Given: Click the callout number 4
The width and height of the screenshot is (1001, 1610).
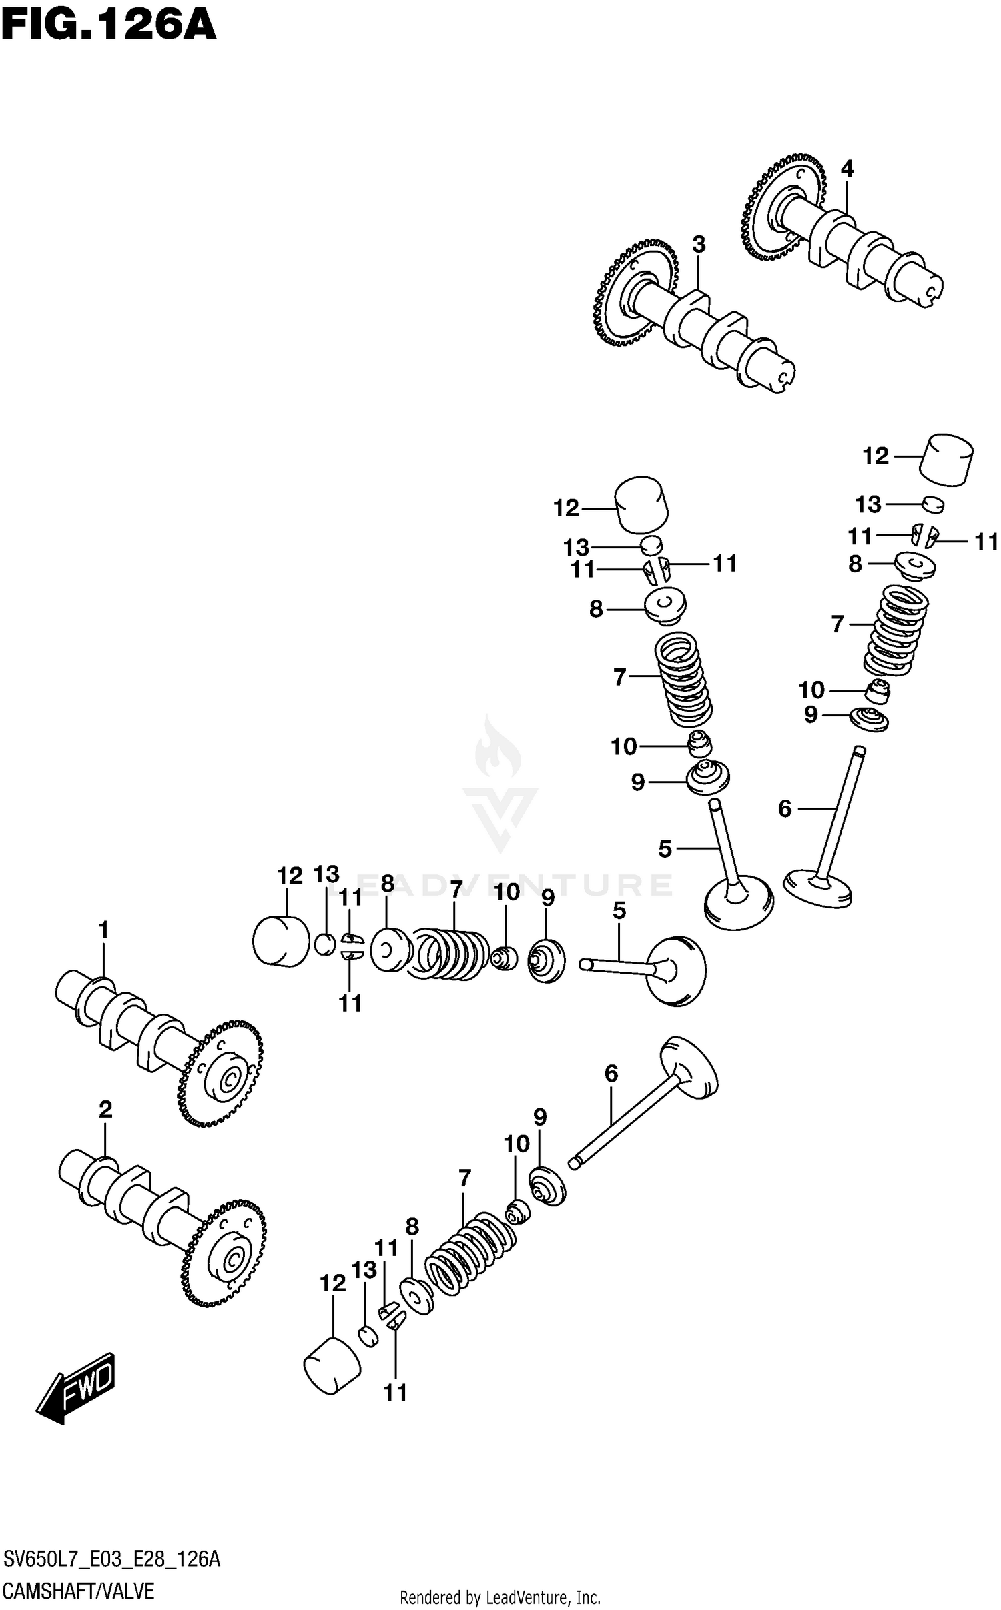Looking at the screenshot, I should pos(847,169).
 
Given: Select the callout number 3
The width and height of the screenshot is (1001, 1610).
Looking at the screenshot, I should pos(698,245).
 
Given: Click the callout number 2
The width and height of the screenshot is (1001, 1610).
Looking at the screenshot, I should pos(105,1110).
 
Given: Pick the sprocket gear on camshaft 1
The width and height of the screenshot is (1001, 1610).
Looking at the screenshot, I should pos(220,1074).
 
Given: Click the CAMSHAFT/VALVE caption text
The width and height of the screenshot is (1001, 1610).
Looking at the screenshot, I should pos(79,1592).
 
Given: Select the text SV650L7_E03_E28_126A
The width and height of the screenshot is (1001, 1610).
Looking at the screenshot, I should pos(111,1559).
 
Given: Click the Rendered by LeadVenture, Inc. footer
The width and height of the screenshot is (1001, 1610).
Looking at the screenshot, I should pos(500,1598).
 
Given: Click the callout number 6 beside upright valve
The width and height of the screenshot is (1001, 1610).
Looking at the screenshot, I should pos(785,809).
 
